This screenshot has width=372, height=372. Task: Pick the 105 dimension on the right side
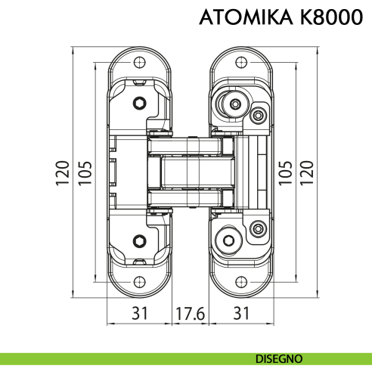(x=285, y=173)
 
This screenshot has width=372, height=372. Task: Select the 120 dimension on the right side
(x=306, y=173)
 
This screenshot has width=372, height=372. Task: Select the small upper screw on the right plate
(x=258, y=115)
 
